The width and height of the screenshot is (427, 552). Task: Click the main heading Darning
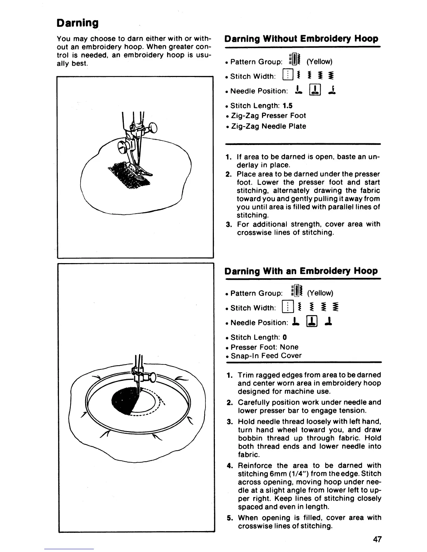click(x=77, y=23)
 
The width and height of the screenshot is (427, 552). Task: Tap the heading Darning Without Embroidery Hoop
click(x=301, y=39)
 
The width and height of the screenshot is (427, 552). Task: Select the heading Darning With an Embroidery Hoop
click(x=301, y=271)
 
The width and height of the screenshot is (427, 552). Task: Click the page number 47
click(x=377, y=539)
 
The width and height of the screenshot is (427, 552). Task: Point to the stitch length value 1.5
click(x=288, y=106)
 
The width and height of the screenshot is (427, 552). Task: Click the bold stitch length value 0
click(x=285, y=337)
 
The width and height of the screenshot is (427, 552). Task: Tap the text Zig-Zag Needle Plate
click(x=268, y=126)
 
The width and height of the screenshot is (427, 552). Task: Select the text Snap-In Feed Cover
click(x=266, y=356)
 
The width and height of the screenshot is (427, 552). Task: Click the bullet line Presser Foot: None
click(x=264, y=347)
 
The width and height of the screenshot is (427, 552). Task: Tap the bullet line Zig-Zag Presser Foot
click(x=268, y=116)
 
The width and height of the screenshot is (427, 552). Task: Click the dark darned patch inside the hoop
click(x=124, y=401)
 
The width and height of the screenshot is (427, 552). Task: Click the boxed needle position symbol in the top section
click(x=315, y=91)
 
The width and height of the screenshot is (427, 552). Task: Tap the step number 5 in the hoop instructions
click(x=229, y=518)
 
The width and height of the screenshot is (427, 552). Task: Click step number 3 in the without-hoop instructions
click(x=229, y=224)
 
